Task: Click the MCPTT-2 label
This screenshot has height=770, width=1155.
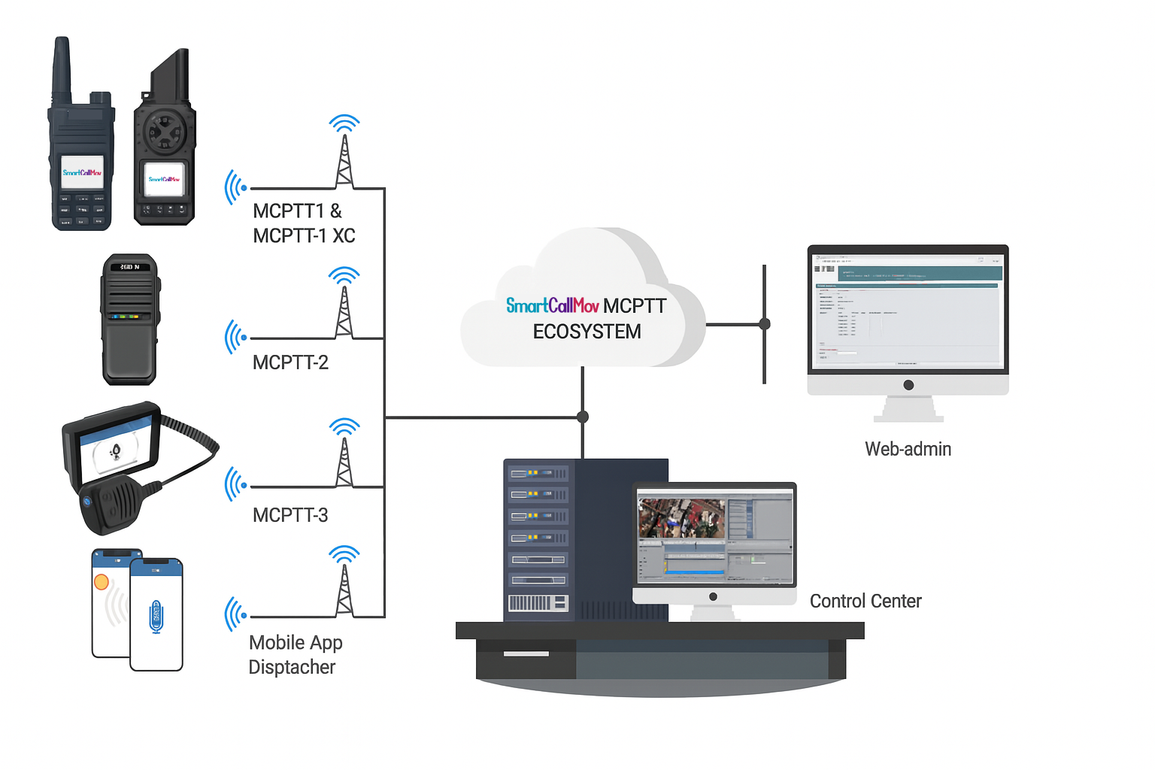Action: pyautogui.click(x=290, y=362)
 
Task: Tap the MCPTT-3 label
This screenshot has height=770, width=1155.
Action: pyautogui.click(x=290, y=515)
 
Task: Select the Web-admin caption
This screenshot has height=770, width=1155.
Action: pyautogui.click(x=908, y=449)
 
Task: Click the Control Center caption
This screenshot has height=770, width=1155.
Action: pyautogui.click(x=865, y=601)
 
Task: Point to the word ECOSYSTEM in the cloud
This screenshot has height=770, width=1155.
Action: pyautogui.click(x=587, y=332)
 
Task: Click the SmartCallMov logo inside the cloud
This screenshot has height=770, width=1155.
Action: pyautogui.click(x=552, y=305)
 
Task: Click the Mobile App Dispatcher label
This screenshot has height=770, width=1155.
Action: pyautogui.click(x=295, y=654)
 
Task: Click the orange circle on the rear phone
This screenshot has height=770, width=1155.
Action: pyautogui.click(x=102, y=581)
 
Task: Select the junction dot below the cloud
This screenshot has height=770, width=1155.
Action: pyautogui.click(x=583, y=417)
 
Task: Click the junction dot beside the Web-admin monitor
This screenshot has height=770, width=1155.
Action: pyautogui.click(x=765, y=324)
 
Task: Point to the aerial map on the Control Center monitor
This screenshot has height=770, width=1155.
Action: pyautogui.click(x=681, y=518)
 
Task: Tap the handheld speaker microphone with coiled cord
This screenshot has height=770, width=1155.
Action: pyautogui.click(x=111, y=504)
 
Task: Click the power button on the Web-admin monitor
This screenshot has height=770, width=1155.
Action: pyautogui.click(x=908, y=385)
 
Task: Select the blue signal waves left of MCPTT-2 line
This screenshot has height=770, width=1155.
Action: pyautogui.click(x=235, y=338)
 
